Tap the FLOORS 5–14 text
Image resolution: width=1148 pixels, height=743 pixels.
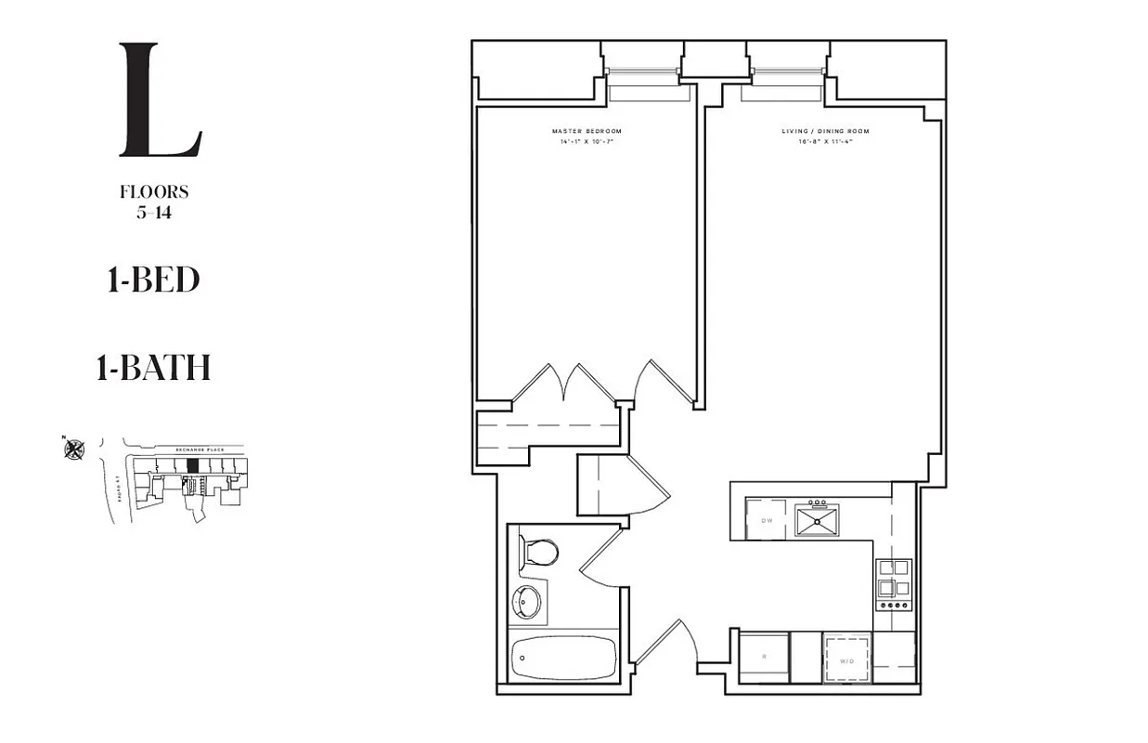click(x=154, y=201)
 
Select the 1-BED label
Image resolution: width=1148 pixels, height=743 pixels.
click(x=153, y=280)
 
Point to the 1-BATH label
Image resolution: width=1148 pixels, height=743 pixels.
click(x=153, y=369)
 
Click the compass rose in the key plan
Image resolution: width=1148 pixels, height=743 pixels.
click(x=74, y=450)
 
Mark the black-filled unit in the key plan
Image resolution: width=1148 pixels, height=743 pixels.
click(x=193, y=465)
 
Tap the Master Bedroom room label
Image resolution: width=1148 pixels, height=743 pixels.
click(x=586, y=132)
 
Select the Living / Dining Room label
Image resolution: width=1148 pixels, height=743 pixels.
click(x=825, y=132)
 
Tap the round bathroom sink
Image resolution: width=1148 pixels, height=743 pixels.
click(x=526, y=602)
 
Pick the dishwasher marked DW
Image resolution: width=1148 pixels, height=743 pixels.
click(x=767, y=520)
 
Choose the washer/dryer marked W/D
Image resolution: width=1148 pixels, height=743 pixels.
click(x=847, y=659)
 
